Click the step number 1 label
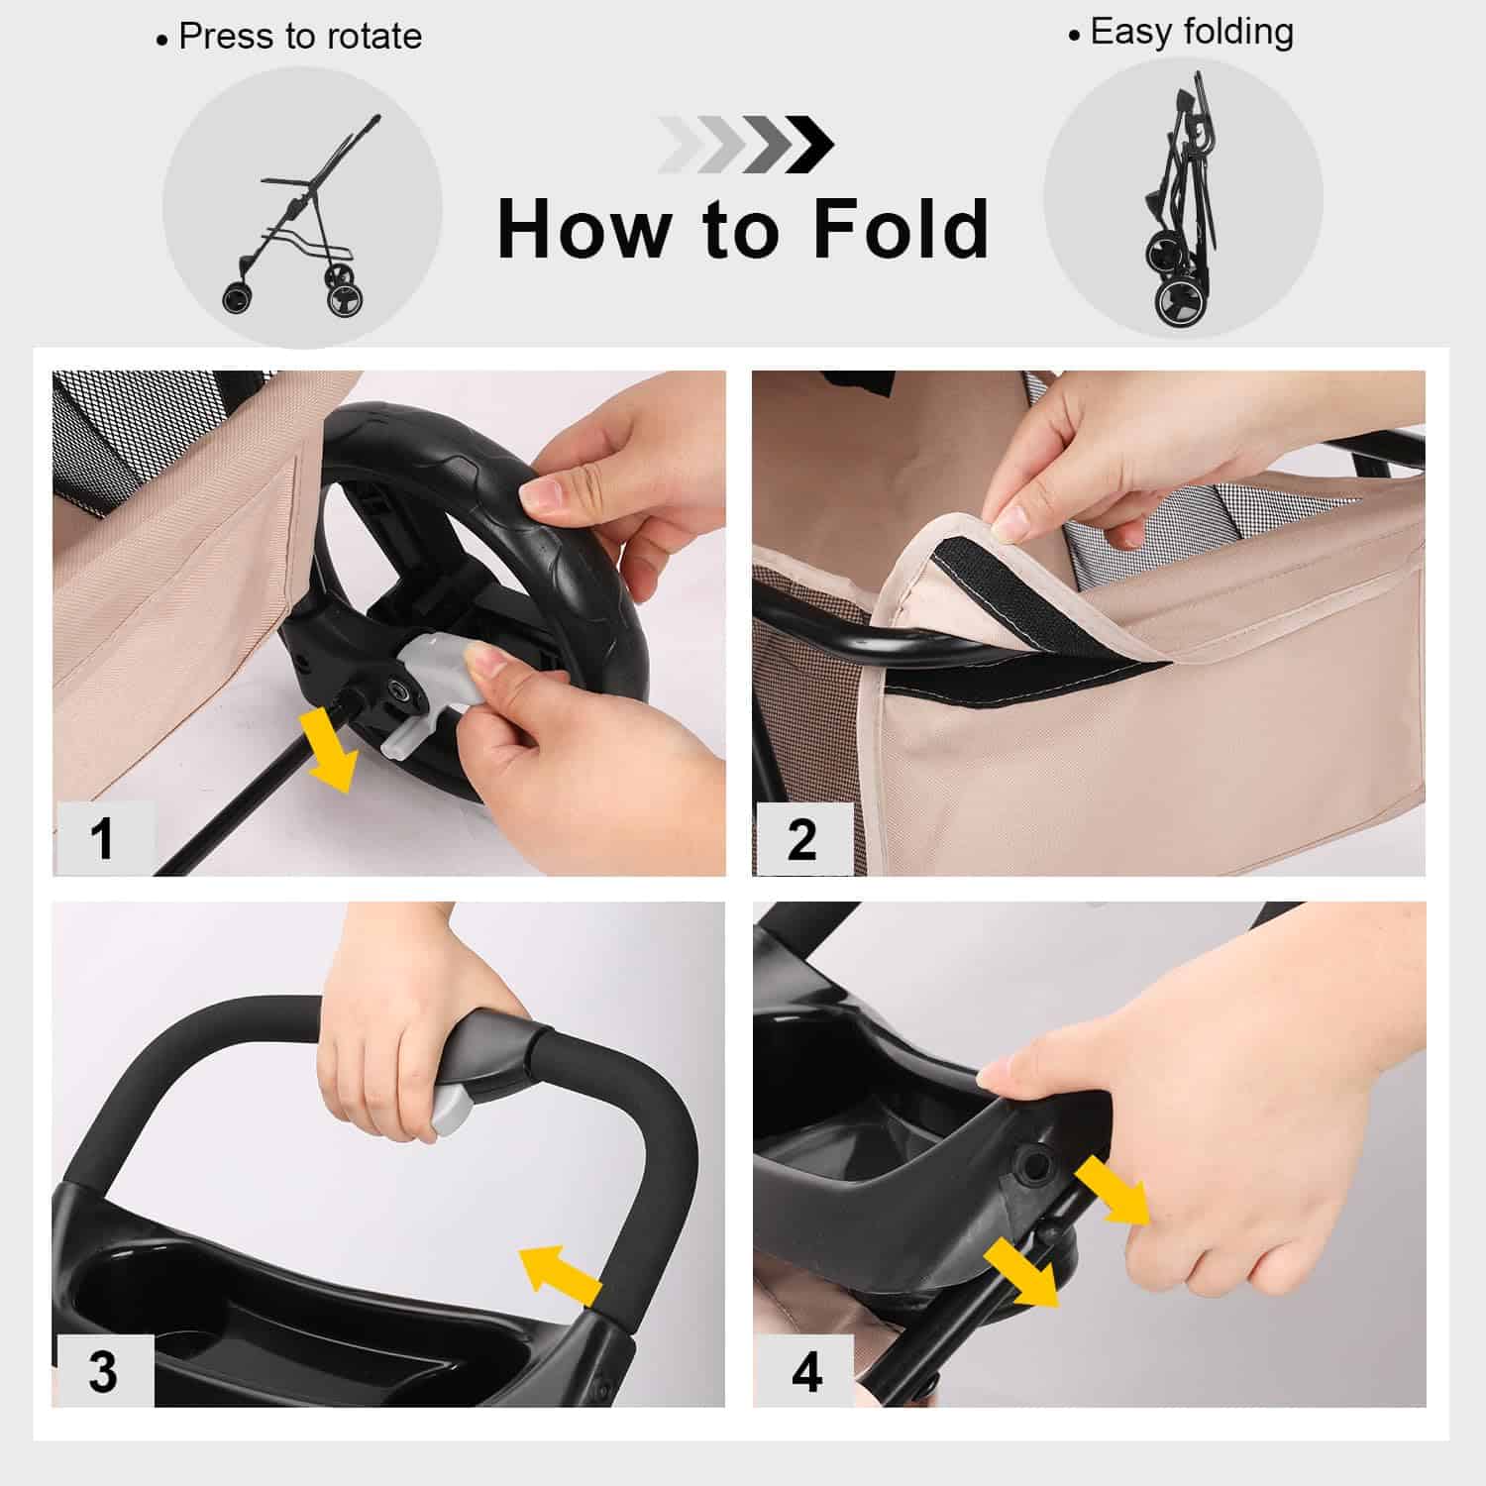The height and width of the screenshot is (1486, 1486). click(x=102, y=838)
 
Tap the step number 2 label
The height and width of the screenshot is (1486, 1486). click(x=801, y=839)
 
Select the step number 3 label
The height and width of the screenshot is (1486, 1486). click(x=103, y=1371)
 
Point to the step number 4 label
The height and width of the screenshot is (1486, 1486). click(x=806, y=1372)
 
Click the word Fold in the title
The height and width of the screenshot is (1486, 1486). click(x=900, y=230)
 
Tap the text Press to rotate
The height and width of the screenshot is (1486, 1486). click(x=299, y=37)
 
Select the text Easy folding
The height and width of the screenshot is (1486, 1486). click(x=1191, y=32)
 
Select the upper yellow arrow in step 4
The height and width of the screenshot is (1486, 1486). click(x=1109, y=1190)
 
